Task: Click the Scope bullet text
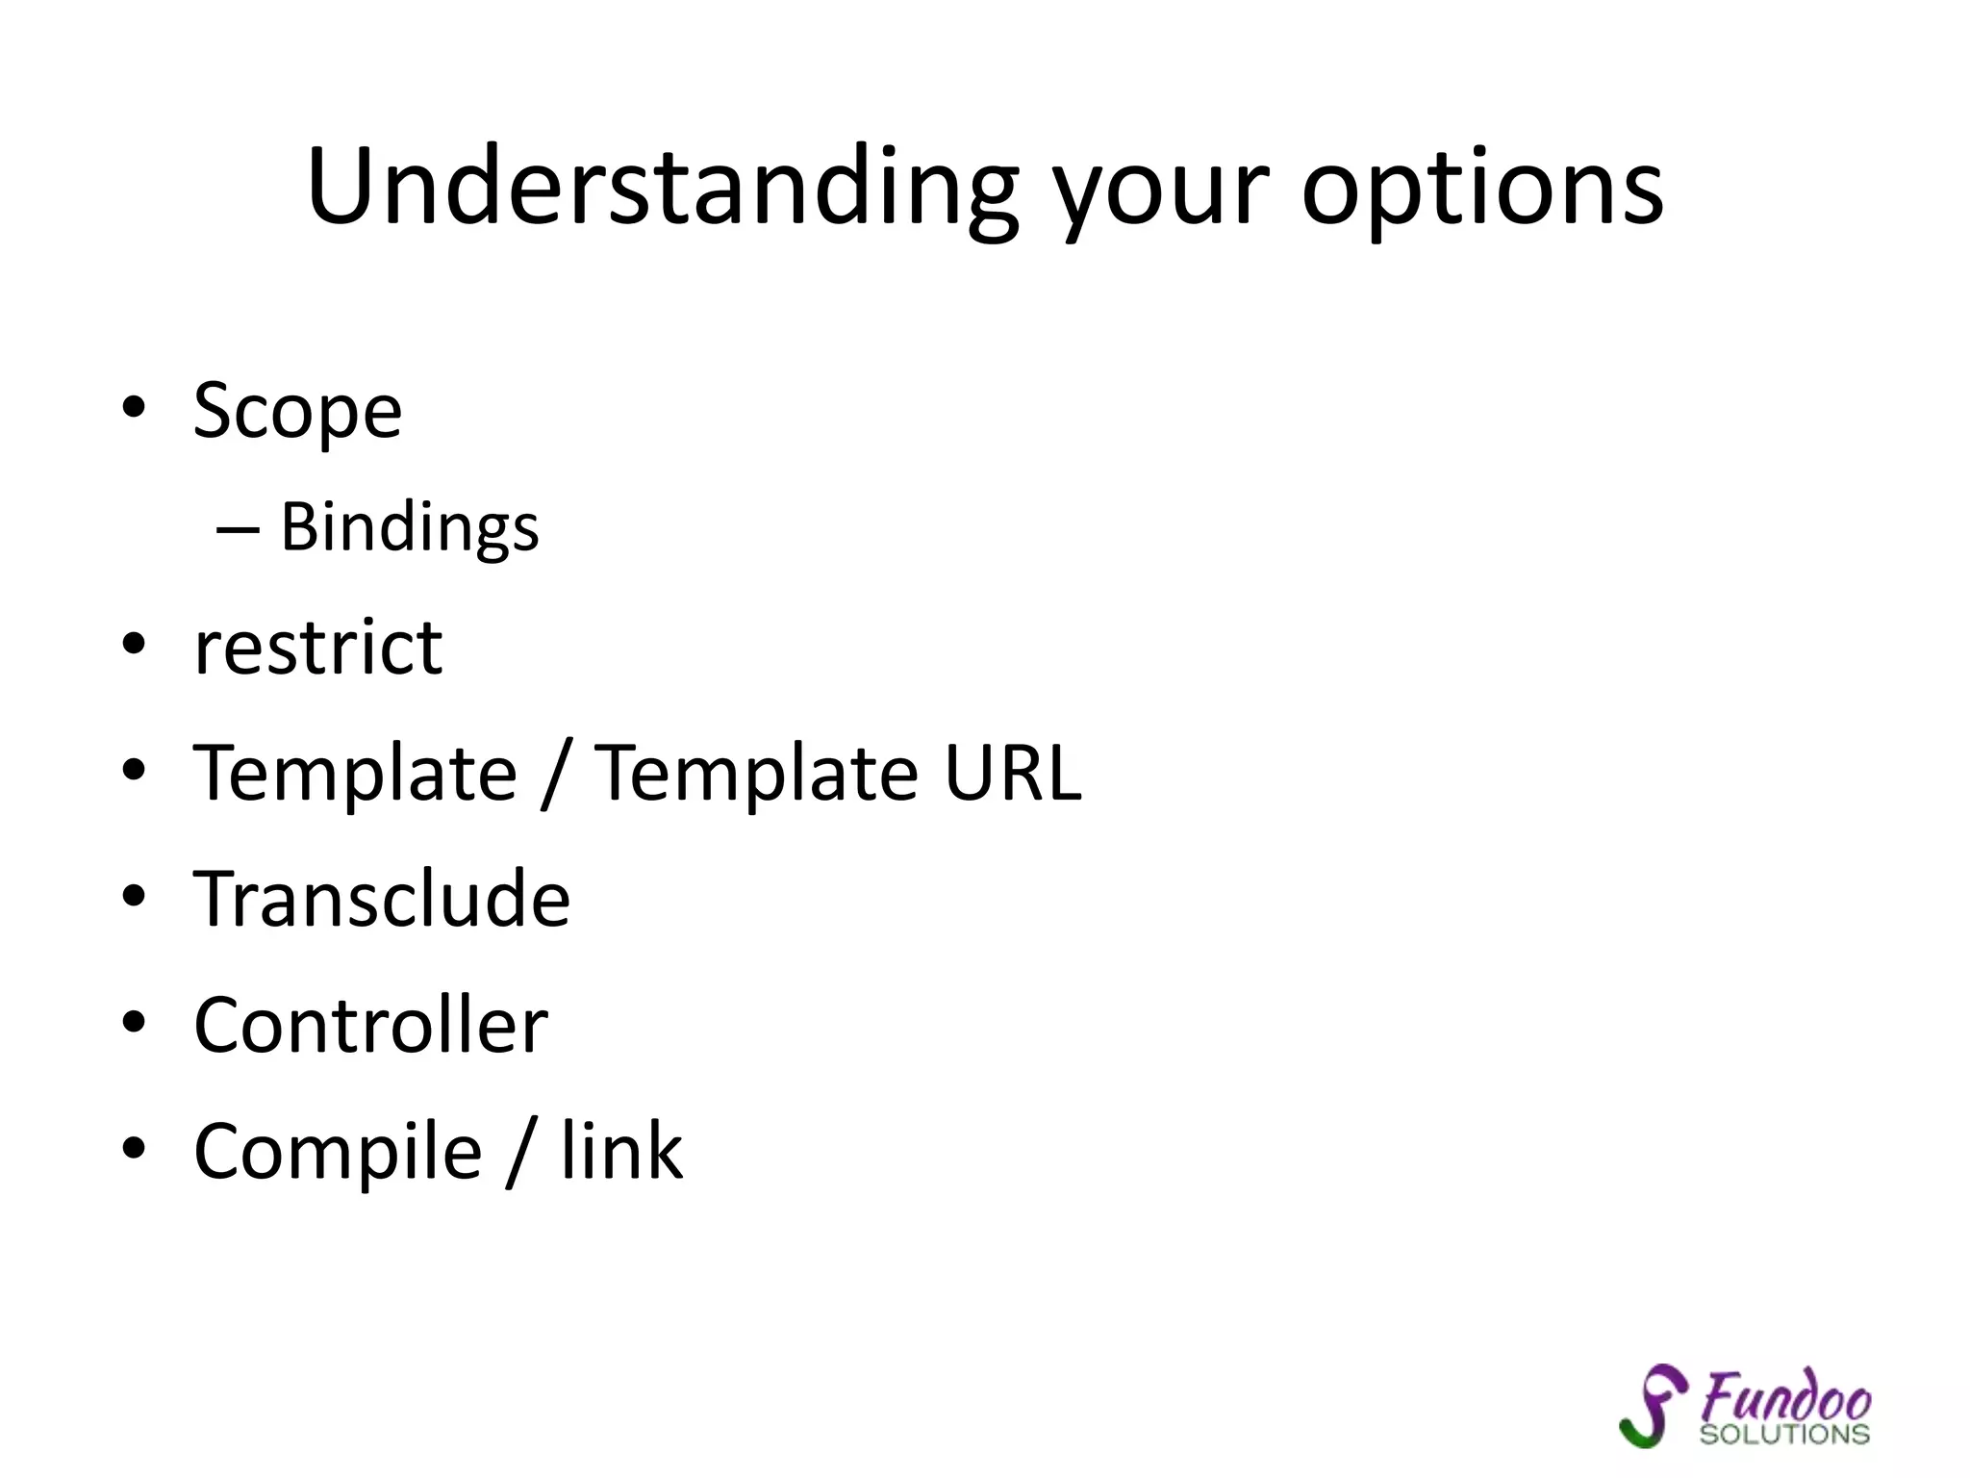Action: [x=297, y=411]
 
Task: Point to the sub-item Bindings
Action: [x=410, y=528]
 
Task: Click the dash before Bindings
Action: [x=238, y=529]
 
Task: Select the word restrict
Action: [x=318, y=648]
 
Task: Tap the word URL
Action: [x=1012, y=773]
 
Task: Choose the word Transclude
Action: [x=382, y=899]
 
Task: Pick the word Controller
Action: [x=370, y=1025]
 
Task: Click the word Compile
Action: [x=338, y=1151]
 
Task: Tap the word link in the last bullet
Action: [x=621, y=1151]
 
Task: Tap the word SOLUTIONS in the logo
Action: [x=1784, y=1434]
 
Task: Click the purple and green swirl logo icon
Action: [x=1653, y=1405]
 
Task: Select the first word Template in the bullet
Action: [x=355, y=773]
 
